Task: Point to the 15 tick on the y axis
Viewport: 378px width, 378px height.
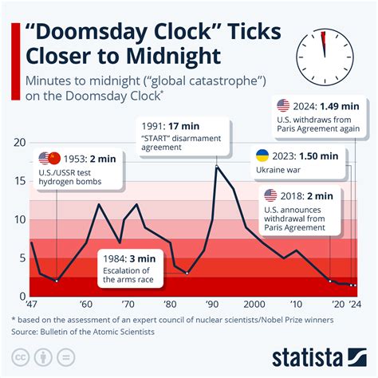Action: click(20, 182)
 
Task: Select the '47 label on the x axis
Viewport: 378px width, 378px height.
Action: click(32, 305)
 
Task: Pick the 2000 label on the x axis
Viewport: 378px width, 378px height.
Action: click(254, 305)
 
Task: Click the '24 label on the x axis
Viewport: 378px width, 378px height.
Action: click(354, 305)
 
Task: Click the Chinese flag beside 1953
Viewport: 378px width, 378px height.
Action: click(54, 158)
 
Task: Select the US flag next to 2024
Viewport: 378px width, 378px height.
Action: click(283, 105)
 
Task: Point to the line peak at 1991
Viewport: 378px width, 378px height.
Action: click(216, 166)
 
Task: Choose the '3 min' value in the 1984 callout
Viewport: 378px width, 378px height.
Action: click(144, 258)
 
